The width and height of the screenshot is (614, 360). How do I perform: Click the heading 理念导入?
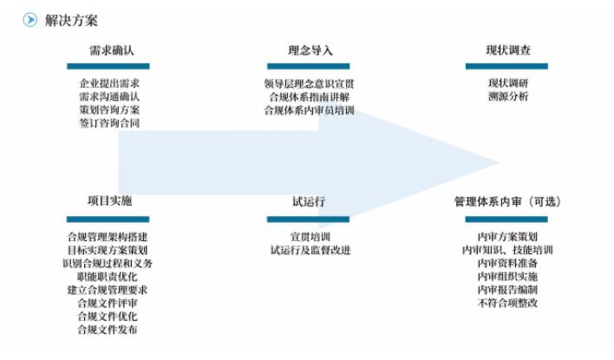point(310,50)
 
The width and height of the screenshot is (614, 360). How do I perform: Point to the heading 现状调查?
point(508,50)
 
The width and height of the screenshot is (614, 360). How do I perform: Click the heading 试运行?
point(309,201)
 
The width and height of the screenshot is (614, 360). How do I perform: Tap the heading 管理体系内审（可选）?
point(507,201)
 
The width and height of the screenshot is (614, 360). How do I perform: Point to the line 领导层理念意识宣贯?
point(309,84)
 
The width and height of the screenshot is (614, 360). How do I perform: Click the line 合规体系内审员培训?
point(309,110)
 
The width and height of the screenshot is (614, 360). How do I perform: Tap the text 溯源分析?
point(508,97)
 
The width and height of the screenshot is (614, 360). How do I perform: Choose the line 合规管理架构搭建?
point(108,237)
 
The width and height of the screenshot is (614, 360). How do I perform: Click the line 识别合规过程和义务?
point(108,263)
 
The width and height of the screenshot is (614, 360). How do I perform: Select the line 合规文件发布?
point(108,330)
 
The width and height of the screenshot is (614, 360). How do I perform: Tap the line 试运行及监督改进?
point(310,250)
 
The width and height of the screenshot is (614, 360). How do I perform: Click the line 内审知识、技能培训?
point(507,250)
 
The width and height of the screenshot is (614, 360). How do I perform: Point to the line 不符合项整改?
point(507,303)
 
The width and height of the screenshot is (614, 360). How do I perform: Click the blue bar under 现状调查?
point(508,66)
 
